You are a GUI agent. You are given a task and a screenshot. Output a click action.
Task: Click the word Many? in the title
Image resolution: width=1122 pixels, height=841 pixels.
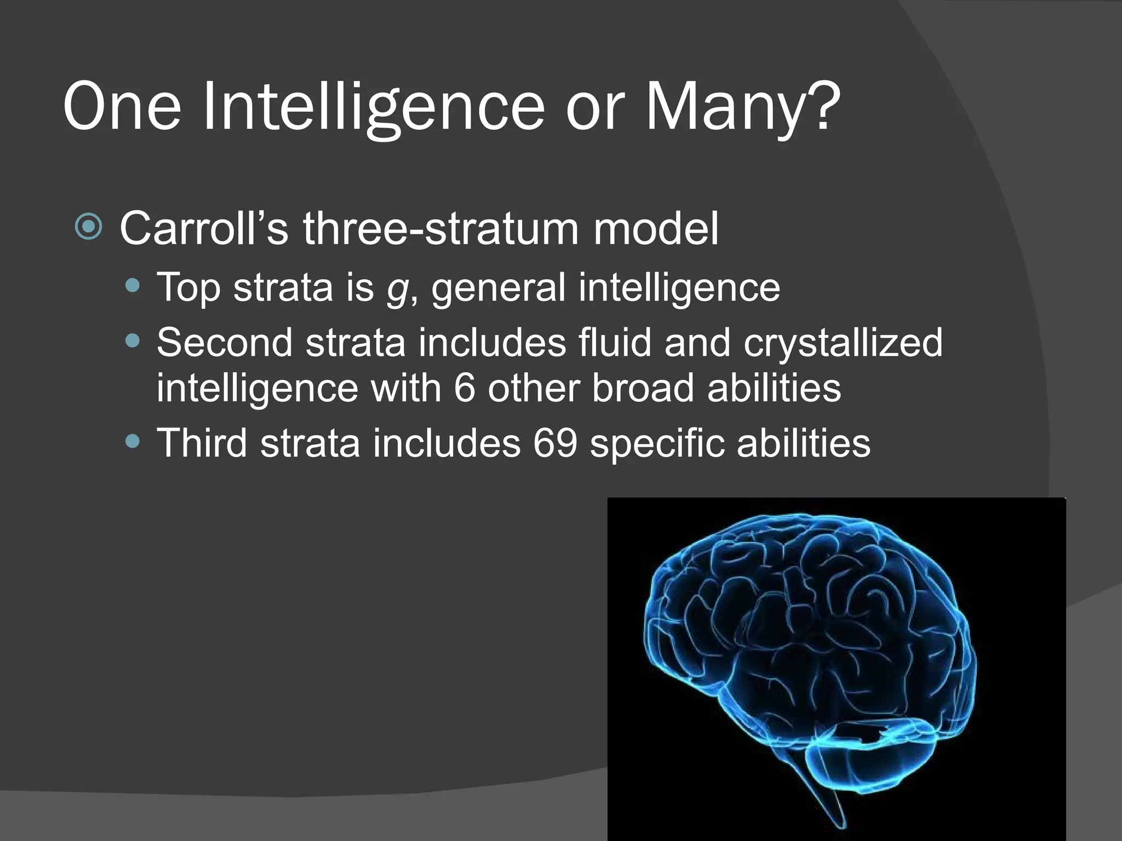(742, 107)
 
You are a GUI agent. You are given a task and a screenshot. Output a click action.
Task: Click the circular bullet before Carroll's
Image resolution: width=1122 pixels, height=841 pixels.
(89, 227)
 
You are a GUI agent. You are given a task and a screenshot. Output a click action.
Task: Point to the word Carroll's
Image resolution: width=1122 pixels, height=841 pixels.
(204, 228)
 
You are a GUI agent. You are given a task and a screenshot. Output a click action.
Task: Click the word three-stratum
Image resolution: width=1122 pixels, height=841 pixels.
(440, 228)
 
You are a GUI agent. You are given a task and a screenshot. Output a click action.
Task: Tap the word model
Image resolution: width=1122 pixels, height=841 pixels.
(656, 228)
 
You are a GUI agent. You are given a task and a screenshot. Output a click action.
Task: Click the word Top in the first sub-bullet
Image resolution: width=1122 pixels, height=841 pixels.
(188, 287)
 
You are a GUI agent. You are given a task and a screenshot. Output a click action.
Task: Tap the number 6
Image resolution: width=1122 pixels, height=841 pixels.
(464, 388)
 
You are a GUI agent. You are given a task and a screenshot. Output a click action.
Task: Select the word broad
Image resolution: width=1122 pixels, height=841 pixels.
(643, 388)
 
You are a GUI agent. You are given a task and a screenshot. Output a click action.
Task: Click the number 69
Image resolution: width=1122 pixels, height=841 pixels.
(555, 443)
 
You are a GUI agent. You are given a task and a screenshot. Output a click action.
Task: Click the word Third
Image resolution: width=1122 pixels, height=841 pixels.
(202, 443)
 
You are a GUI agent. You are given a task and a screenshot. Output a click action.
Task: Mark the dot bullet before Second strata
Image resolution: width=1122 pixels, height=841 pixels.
(133, 342)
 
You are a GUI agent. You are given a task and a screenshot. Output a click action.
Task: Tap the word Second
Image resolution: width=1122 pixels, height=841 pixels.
(225, 343)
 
